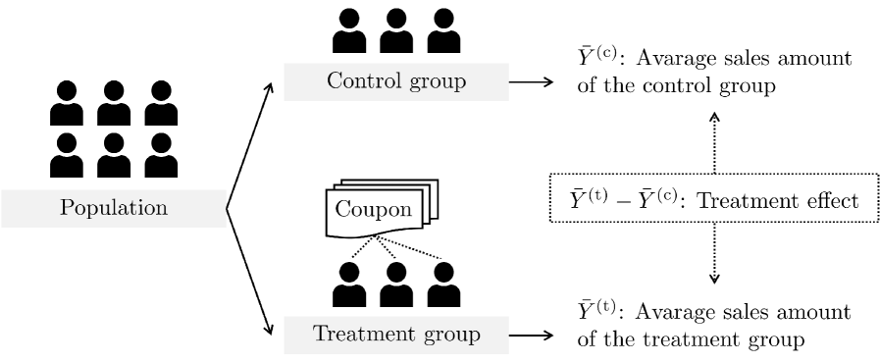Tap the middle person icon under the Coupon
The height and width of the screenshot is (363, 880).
(x=396, y=285)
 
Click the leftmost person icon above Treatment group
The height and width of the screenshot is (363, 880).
(x=349, y=285)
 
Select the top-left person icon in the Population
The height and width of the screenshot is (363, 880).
(x=66, y=102)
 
